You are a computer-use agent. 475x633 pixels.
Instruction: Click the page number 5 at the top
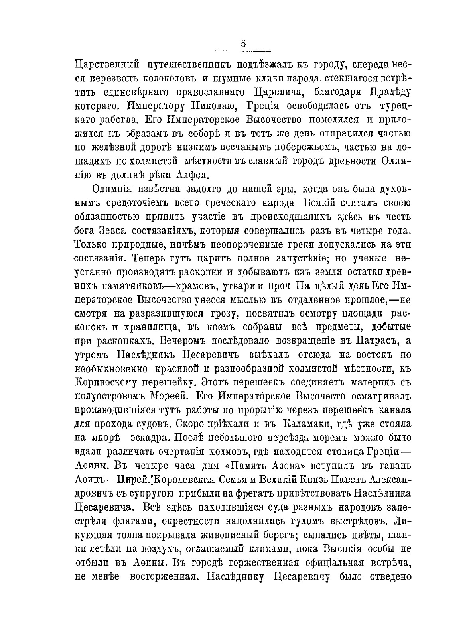pos(243,44)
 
